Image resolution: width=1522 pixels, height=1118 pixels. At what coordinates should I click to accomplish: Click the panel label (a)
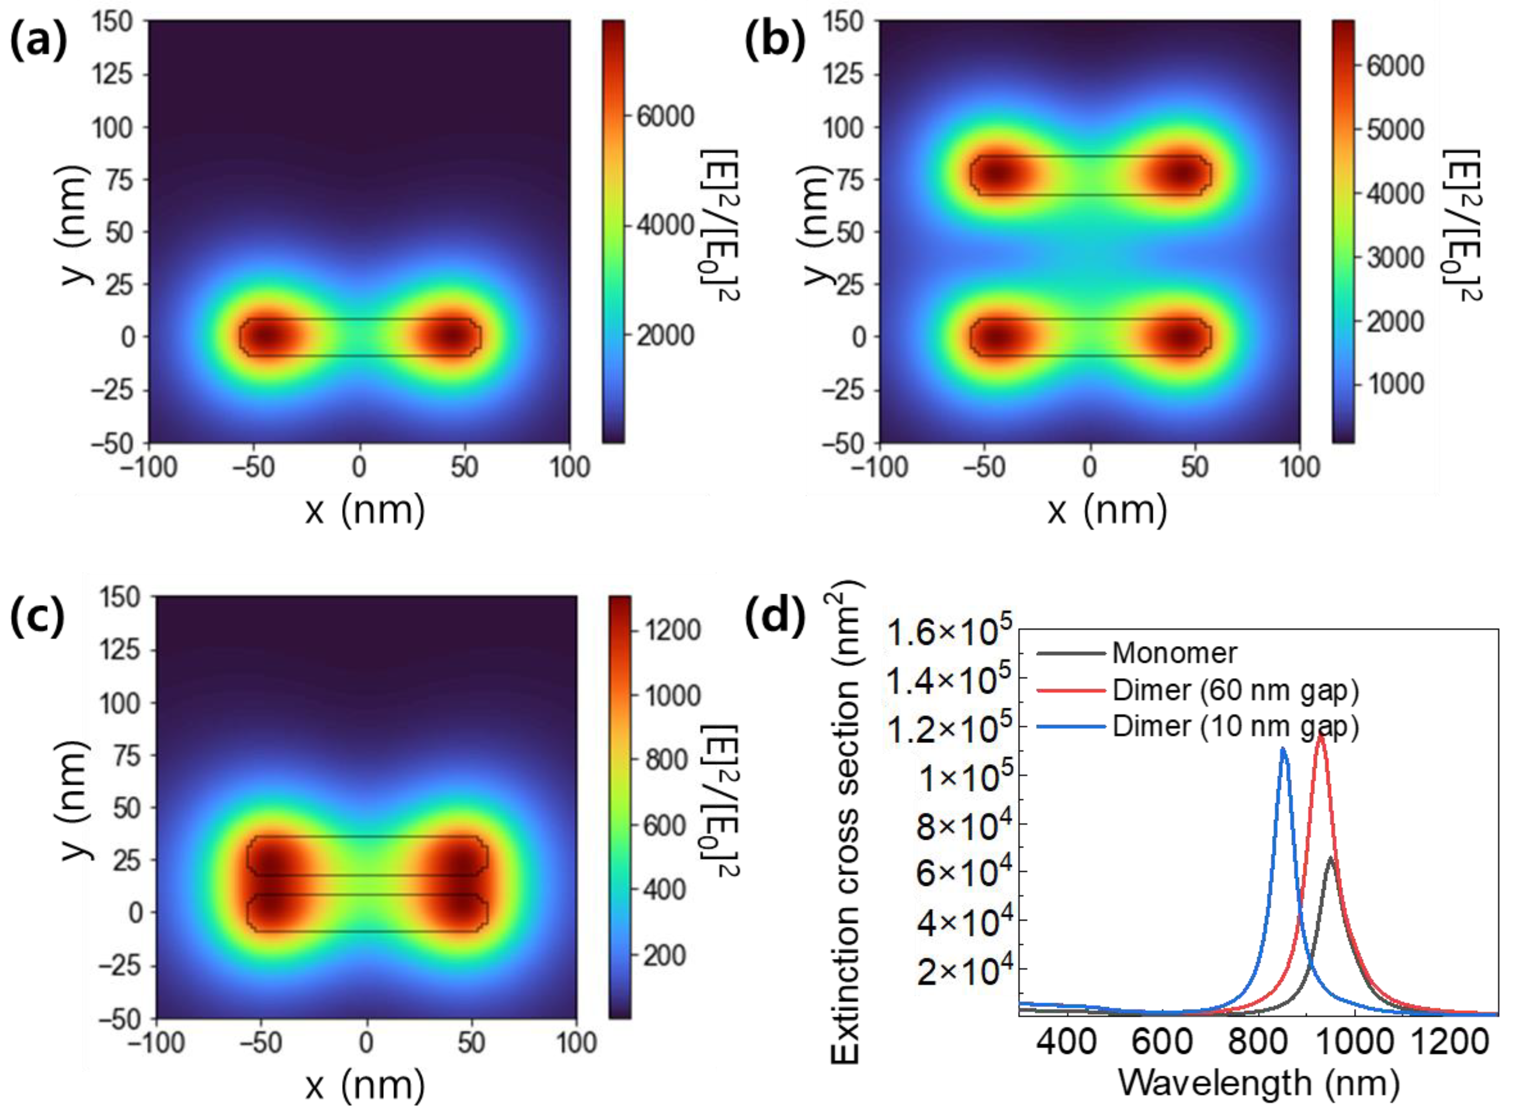pyautogui.click(x=38, y=41)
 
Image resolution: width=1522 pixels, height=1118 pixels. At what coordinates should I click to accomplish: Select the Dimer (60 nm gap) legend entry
pyautogui.click(x=1235, y=690)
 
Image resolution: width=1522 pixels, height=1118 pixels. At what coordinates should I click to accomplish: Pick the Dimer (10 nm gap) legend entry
pyautogui.click(x=1235, y=726)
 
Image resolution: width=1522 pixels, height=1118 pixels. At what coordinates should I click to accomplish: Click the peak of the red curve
pyautogui.click(x=1320, y=735)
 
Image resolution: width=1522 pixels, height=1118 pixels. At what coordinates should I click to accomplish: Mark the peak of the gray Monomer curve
pyautogui.click(x=1330, y=858)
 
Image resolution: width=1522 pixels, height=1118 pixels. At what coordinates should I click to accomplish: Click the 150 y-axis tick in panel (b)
pyautogui.click(x=843, y=21)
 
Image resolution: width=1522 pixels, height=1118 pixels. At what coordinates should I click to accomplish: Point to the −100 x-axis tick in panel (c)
pyautogui.click(x=156, y=1043)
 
